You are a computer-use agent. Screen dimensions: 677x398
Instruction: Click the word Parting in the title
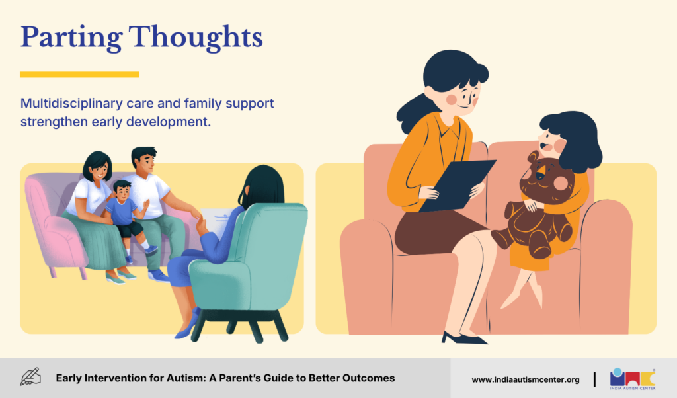[x=71, y=38]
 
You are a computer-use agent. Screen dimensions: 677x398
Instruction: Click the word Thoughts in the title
[x=196, y=37]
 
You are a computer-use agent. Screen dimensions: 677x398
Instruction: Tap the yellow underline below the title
[x=79, y=75]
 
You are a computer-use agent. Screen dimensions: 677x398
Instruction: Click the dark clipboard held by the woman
[x=458, y=186]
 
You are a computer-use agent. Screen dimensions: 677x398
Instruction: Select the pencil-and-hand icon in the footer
[x=30, y=377]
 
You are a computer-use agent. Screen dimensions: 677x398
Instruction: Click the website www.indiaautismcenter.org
[x=526, y=380]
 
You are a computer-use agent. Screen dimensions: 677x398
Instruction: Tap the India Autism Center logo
[x=633, y=379]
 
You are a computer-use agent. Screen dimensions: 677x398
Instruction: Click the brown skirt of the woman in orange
[x=436, y=231]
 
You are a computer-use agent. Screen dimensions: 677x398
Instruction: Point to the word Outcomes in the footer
[x=369, y=378]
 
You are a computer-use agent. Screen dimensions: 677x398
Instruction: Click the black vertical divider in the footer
[x=594, y=379]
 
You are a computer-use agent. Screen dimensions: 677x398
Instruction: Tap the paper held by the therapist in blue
[x=216, y=221]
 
